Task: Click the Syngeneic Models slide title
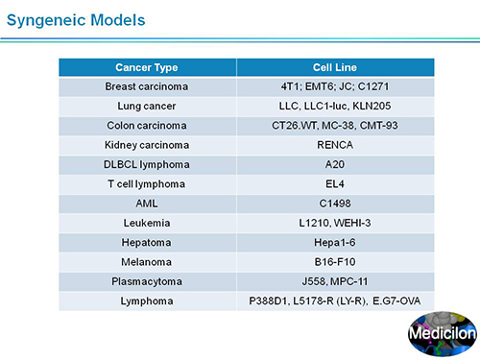pyautogui.click(x=76, y=20)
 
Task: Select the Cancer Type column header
pyautogui.click(x=147, y=67)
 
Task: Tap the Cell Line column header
pyautogui.click(x=335, y=67)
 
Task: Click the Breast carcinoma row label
pyautogui.click(x=147, y=86)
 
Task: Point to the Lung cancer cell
pyautogui.click(x=147, y=107)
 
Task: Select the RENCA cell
pyautogui.click(x=335, y=145)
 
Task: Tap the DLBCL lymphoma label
pyautogui.click(x=147, y=164)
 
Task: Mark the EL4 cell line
pyautogui.click(x=335, y=184)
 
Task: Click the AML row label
pyautogui.click(x=147, y=204)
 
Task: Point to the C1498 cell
pyautogui.click(x=335, y=204)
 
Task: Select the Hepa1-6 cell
pyautogui.click(x=335, y=243)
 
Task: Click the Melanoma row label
pyautogui.click(x=147, y=262)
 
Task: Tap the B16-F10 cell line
pyautogui.click(x=335, y=262)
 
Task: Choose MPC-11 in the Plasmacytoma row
pyautogui.click(x=349, y=281)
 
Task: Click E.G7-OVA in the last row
pyautogui.click(x=396, y=301)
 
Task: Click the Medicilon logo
pyautogui.click(x=443, y=334)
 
